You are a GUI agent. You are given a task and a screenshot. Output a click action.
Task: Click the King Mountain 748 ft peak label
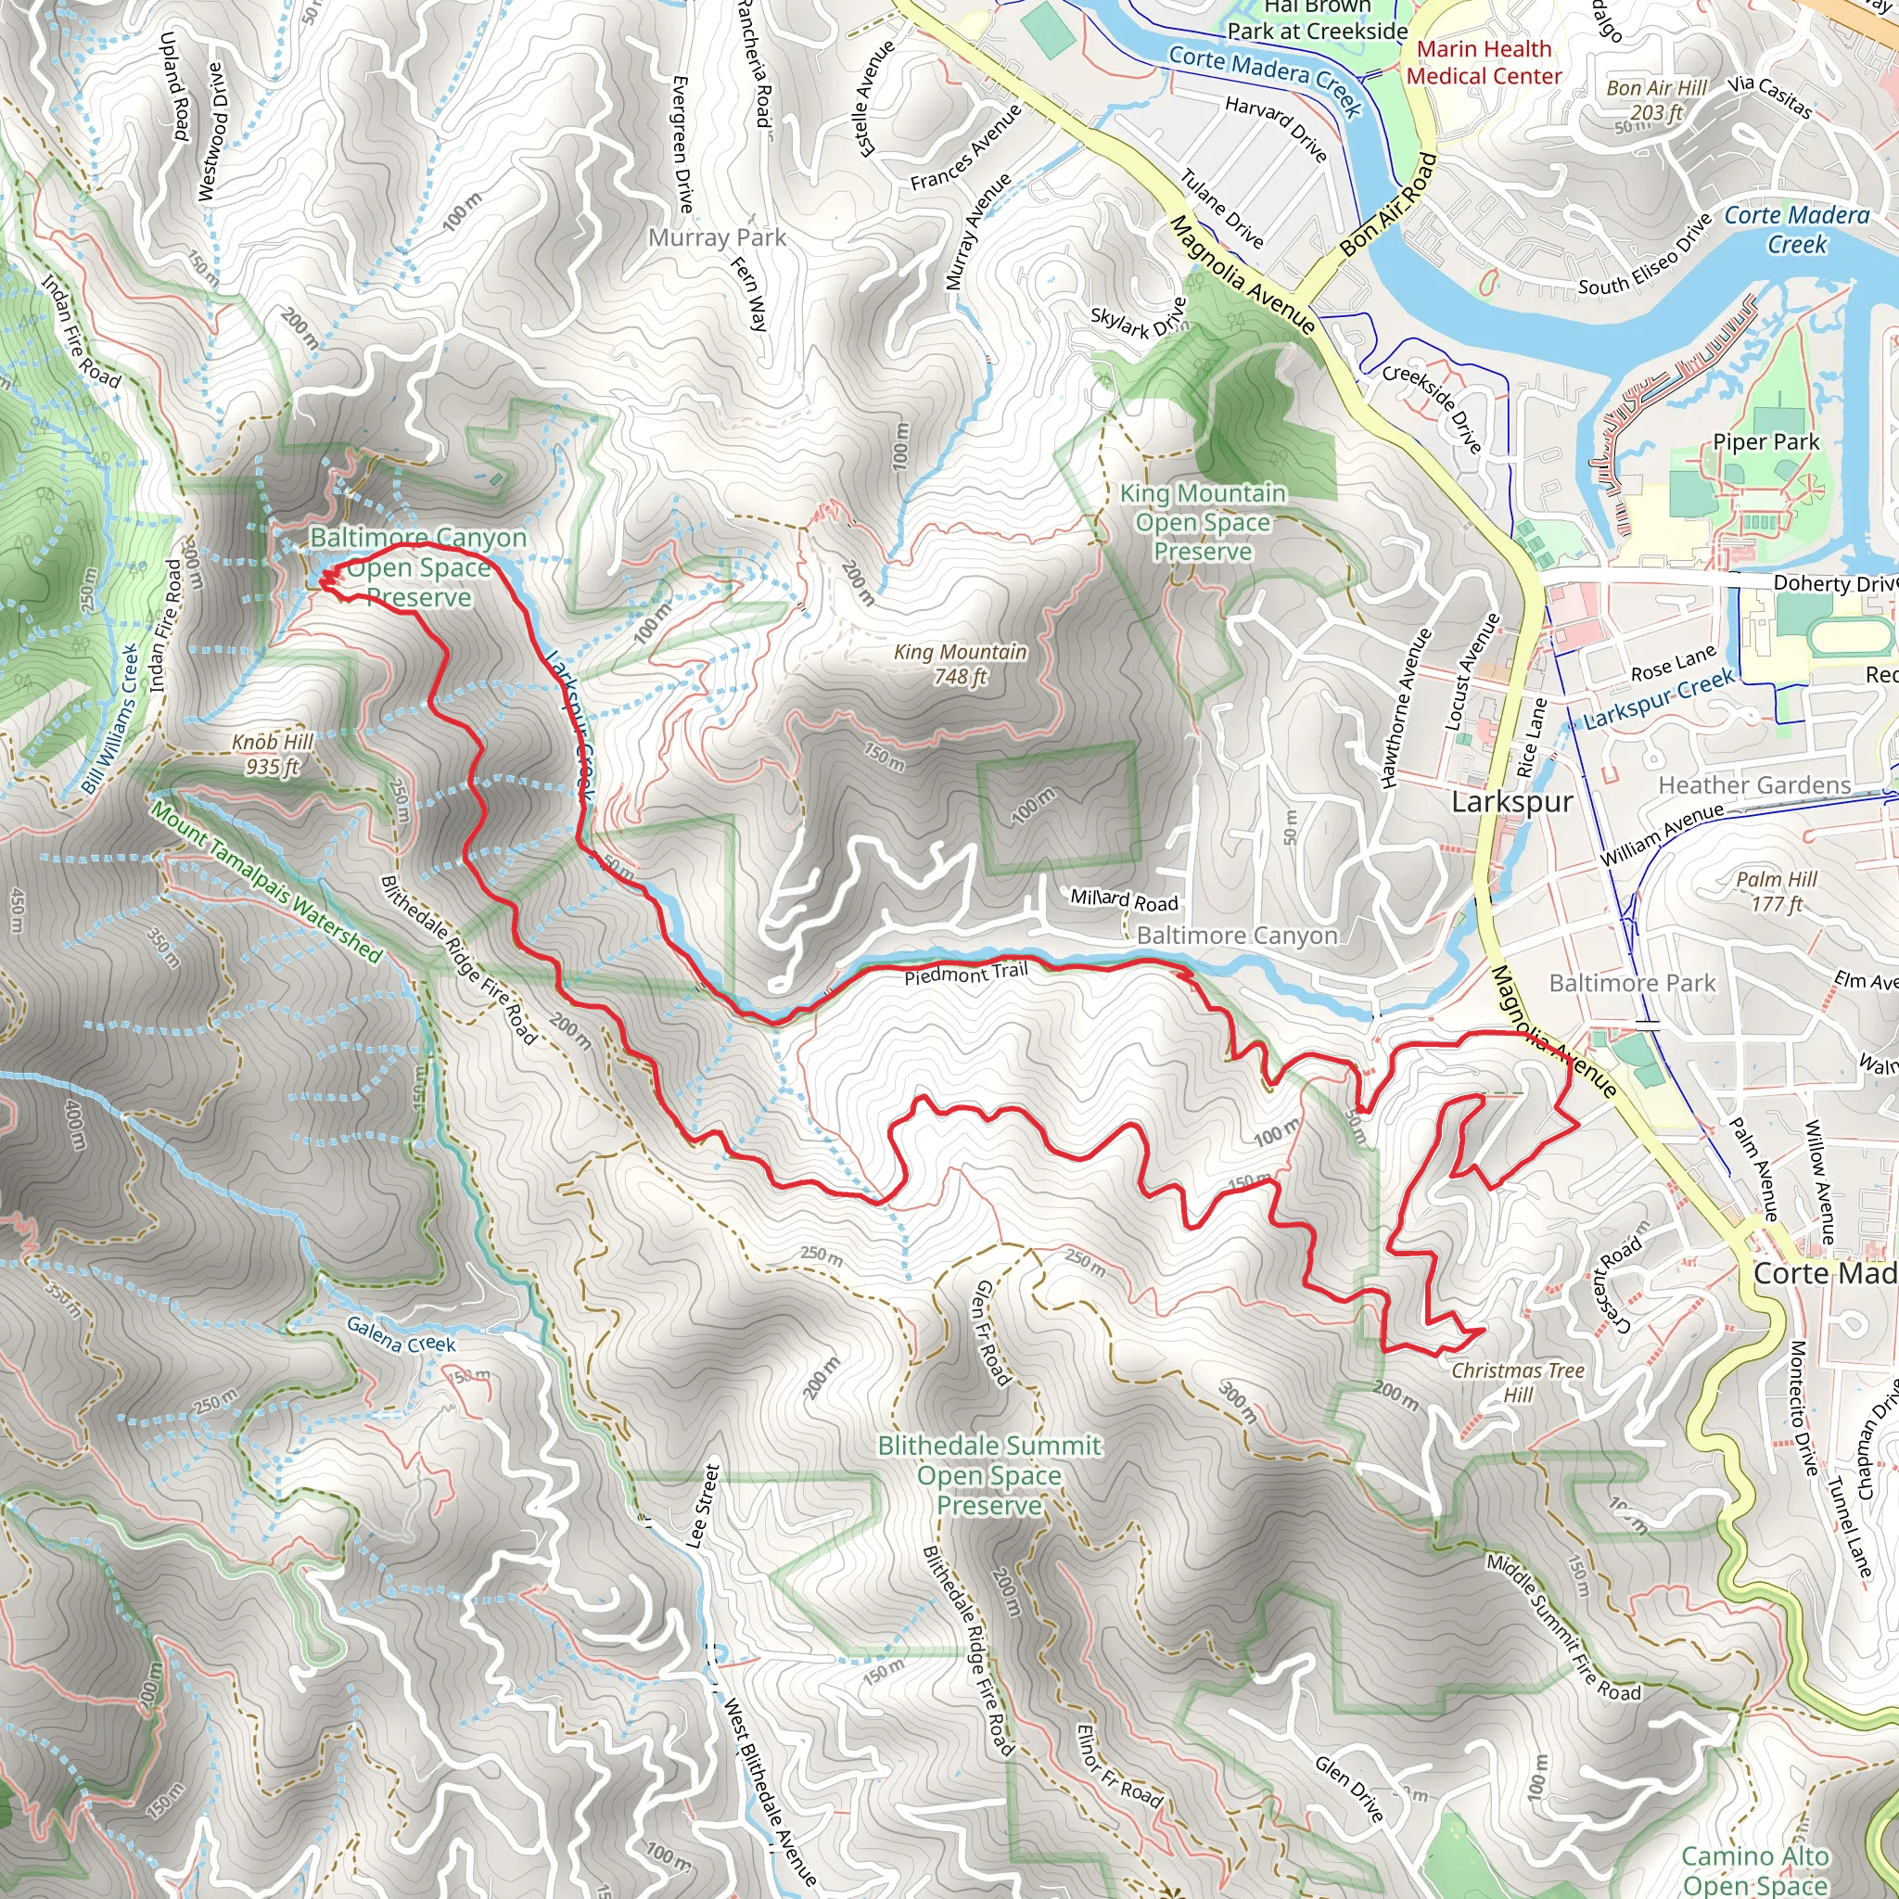pos(960,665)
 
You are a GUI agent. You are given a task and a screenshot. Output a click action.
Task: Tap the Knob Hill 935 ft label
pos(273,754)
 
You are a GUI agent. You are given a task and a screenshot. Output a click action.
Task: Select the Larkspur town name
pos(1511,802)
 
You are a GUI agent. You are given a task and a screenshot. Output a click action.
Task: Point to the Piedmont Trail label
pos(965,975)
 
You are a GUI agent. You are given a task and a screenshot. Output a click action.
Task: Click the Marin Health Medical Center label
pos(1484,62)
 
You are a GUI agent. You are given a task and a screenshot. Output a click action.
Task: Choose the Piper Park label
pos(1765,442)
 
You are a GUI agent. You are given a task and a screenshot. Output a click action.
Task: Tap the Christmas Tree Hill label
pos(1518,1382)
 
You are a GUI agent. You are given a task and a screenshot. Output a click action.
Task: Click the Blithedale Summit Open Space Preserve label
pos(988,1474)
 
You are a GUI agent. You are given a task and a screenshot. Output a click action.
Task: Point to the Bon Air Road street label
pos(1389,206)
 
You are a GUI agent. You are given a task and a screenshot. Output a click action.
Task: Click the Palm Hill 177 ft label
pos(1776,890)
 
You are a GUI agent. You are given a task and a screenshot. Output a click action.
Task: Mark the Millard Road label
pos(1124,899)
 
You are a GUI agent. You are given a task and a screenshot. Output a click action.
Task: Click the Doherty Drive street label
pos(1834,583)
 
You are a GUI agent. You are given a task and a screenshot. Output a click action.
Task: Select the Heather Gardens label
pos(1754,785)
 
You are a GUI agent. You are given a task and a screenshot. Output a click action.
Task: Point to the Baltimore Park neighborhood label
pos(1632,983)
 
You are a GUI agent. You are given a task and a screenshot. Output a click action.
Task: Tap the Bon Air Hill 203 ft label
pos(1656,100)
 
